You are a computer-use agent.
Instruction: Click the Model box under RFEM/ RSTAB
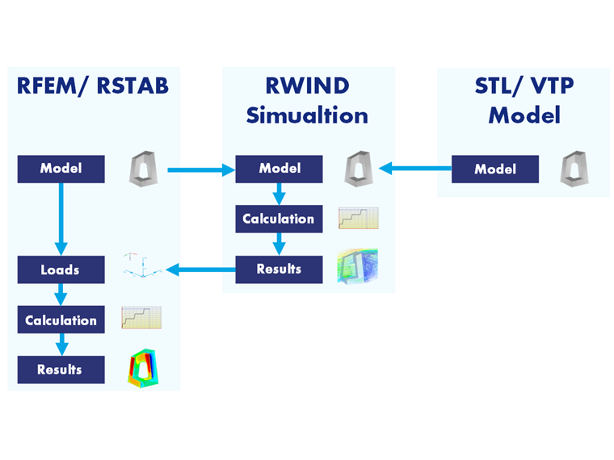(x=61, y=169)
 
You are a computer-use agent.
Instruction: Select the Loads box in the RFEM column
(x=61, y=270)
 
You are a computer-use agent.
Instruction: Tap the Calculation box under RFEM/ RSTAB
(x=61, y=320)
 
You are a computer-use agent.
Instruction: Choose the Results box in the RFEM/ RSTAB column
(x=61, y=370)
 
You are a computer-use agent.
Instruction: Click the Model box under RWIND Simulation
(x=280, y=169)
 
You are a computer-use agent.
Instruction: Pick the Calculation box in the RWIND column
(x=280, y=219)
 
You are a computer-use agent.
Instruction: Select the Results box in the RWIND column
(x=280, y=269)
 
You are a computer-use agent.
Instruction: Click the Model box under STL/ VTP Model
(x=494, y=169)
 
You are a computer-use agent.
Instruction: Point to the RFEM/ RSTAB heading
(x=93, y=86)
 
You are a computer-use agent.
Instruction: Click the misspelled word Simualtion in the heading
(x=307, y=115)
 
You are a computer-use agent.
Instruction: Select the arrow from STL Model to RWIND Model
(x=415, y=169)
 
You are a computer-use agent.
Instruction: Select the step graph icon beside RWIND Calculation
(x=358, y=218)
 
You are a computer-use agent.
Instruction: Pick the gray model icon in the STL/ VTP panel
(x=574, y=169)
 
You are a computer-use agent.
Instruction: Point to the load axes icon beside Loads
(x=141, y=266)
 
